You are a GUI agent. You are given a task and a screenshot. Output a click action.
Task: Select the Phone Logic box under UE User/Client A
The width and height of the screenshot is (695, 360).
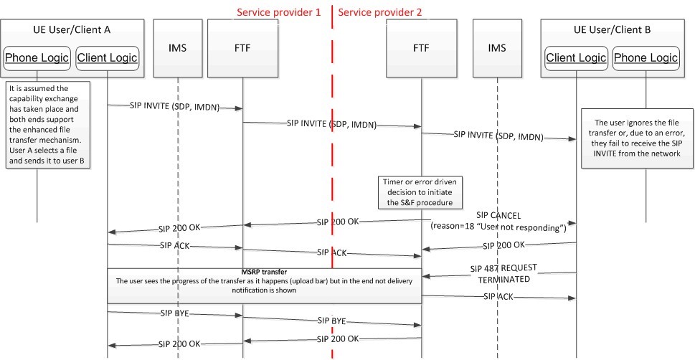point(37,57)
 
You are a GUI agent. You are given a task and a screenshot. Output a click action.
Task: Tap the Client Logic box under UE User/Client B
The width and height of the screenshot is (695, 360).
point(576,57)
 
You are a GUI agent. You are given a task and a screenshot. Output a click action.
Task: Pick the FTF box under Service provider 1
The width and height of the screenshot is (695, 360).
point(242,48)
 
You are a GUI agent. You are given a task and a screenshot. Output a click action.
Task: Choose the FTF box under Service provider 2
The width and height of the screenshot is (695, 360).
point(422,48)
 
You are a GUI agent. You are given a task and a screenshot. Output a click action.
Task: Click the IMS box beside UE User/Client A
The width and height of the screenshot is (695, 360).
point(177,48)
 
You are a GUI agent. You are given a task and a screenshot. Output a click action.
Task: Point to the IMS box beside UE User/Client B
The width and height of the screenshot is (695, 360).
point(496,48)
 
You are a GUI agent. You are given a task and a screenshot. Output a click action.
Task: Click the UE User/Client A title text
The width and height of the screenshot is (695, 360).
point(72,30)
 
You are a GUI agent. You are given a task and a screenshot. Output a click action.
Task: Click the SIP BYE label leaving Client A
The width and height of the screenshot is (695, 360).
point(170,313)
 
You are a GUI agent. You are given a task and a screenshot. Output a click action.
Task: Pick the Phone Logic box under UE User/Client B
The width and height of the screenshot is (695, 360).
point(646,57)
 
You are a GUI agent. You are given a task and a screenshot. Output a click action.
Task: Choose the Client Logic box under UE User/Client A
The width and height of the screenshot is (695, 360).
point(106,57)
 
